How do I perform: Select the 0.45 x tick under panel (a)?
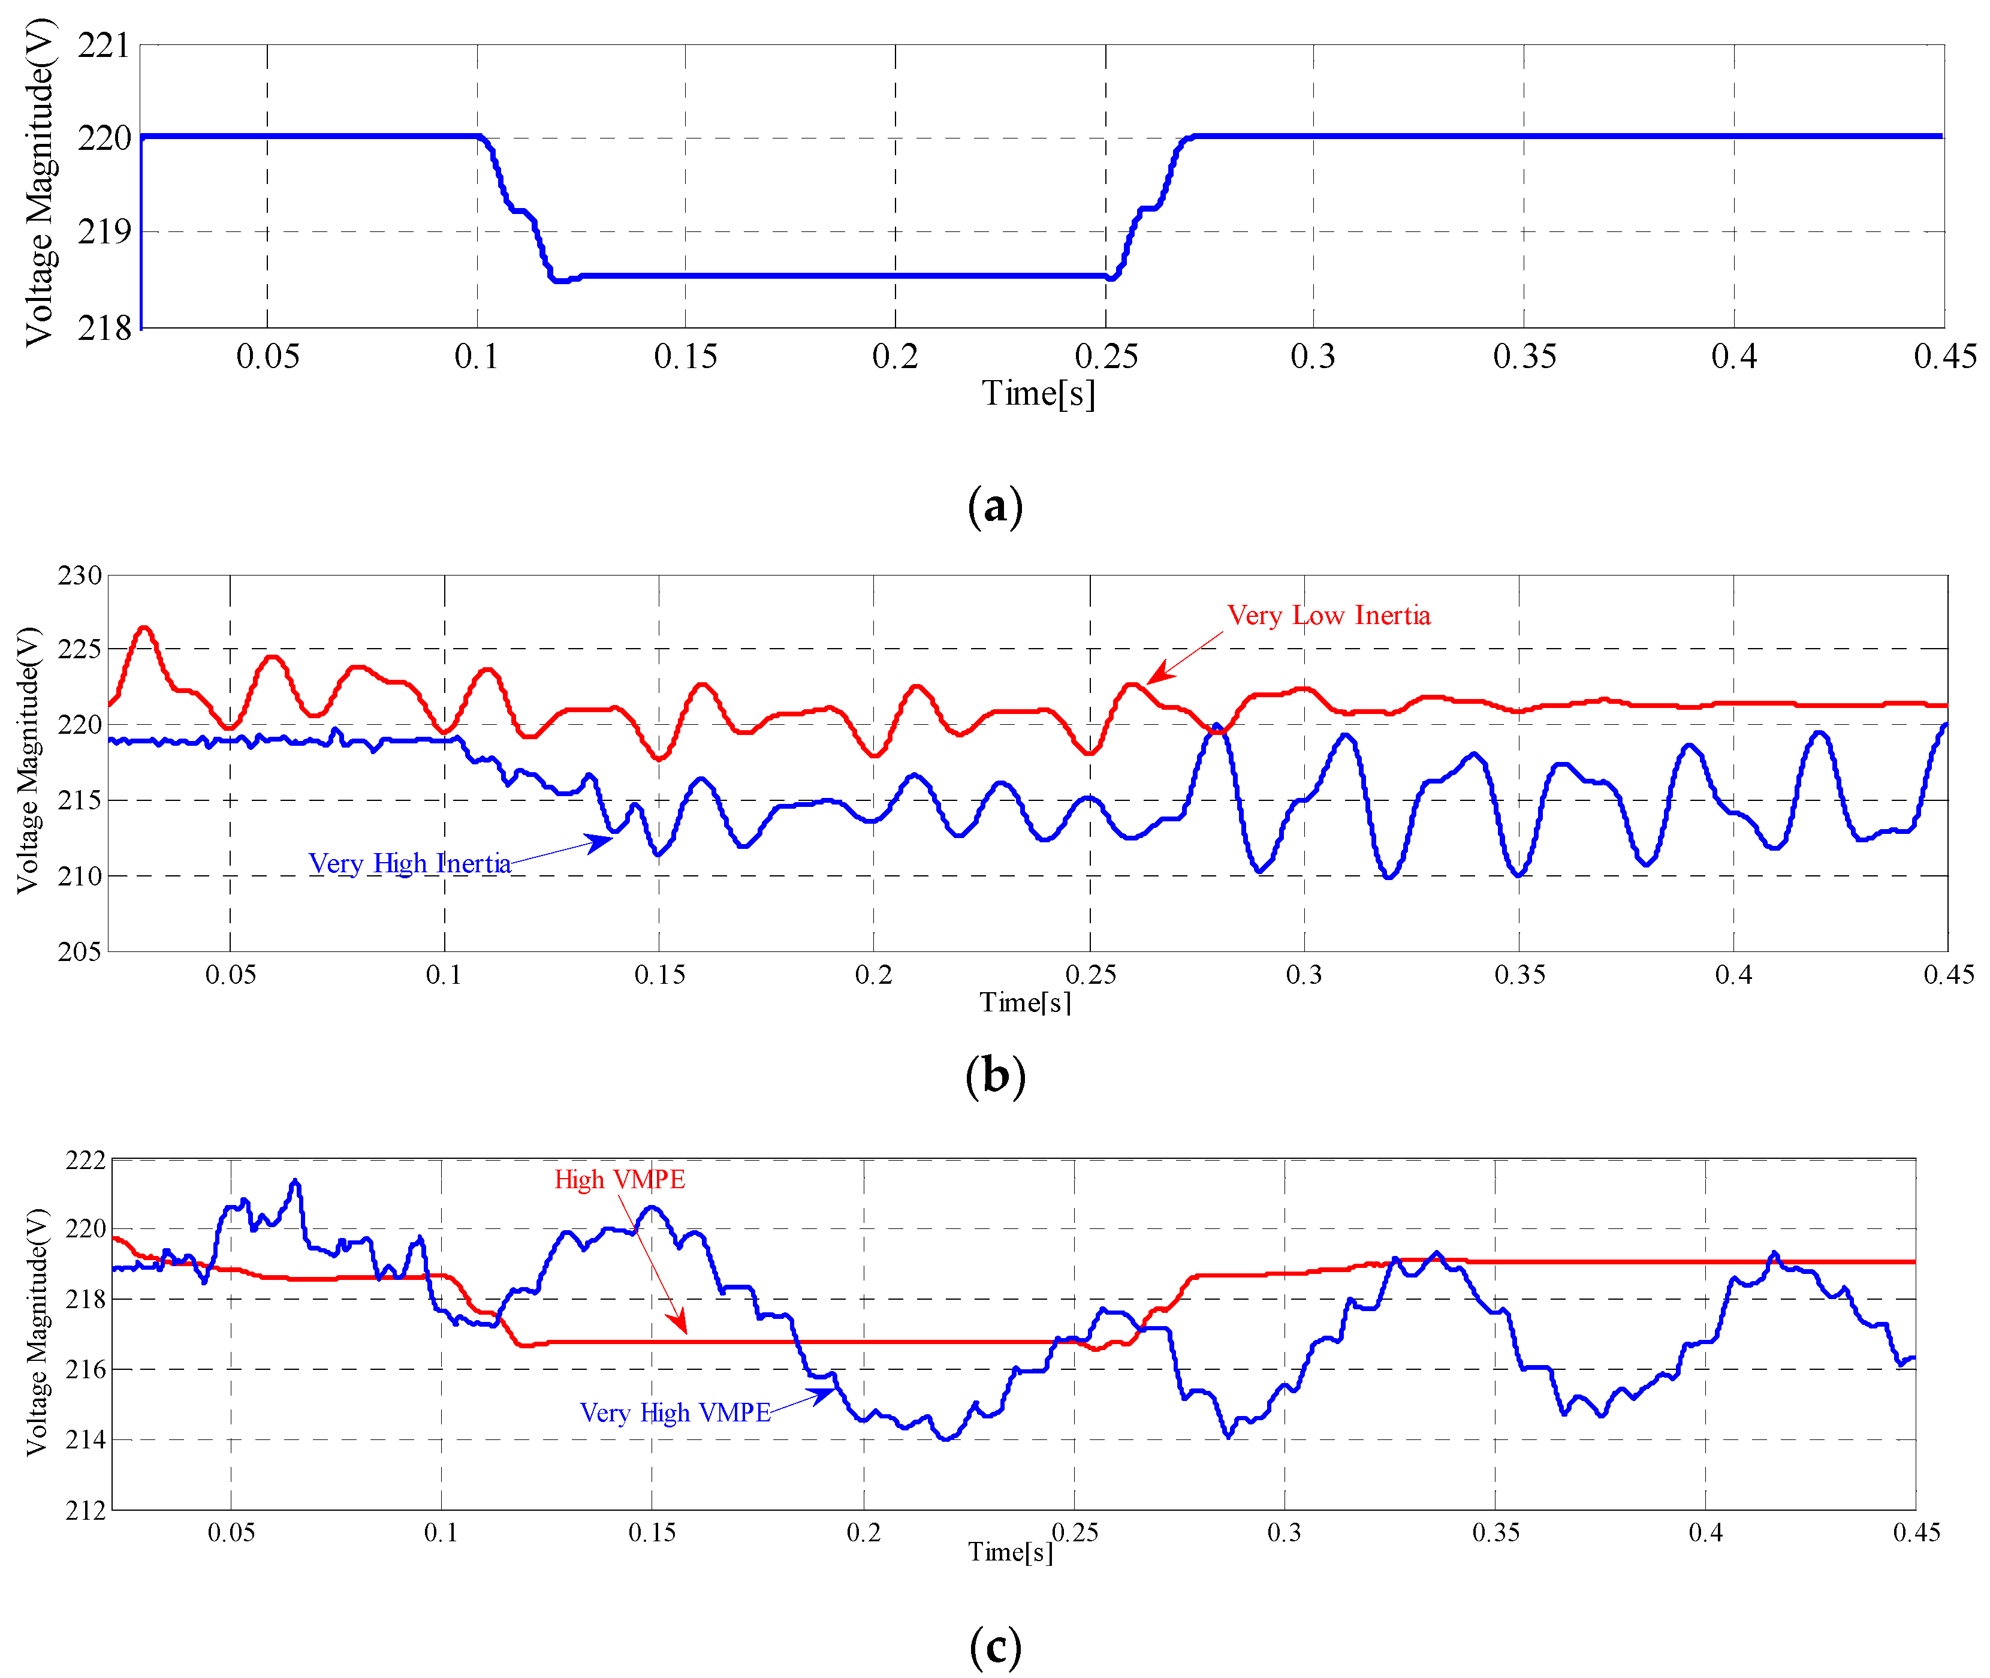point(1944,357)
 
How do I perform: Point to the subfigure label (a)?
point(995,505)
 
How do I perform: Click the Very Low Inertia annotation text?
point(1328,616)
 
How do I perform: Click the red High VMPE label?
point(619,1180)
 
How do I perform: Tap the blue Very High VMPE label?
point(674,1412)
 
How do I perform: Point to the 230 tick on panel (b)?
point(80,576)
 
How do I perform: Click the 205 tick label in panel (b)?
point(80,951)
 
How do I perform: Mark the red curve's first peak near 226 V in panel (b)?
point(144,628)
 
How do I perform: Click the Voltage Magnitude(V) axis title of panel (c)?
point(35,1331)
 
